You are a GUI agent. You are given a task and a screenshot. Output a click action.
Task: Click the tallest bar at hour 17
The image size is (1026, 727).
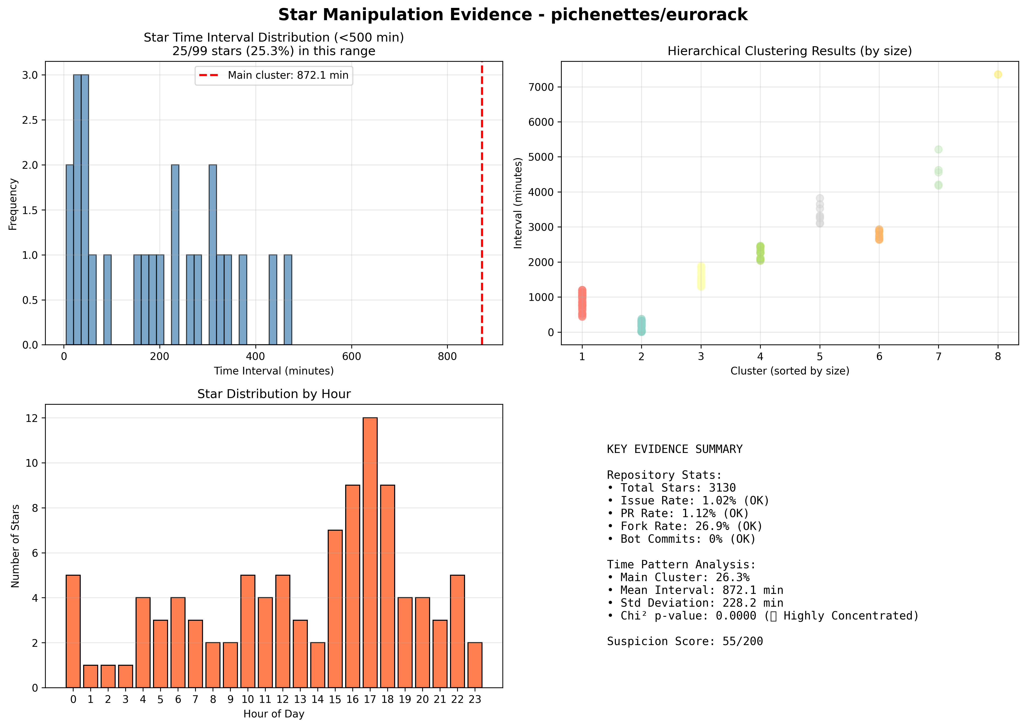click(x=370, y=552)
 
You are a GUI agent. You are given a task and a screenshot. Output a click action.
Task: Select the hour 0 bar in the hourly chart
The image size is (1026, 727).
click(x=73, y=631)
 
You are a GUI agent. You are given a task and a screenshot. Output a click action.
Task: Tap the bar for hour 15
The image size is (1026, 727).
click(x=335, y=609)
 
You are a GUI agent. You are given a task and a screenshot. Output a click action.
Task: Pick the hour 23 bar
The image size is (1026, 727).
click(x=475, y=665)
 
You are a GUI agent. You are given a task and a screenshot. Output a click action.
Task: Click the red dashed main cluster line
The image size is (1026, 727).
click(x=482, y=203)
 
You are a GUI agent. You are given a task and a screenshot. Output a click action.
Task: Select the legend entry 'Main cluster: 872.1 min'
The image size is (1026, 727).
click(x=274, y=75)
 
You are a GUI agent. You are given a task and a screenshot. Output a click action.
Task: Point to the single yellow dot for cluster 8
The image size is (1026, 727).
click(x=998, y=74)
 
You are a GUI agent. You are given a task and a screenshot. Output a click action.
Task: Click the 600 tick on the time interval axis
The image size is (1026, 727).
click(x=351, y=356)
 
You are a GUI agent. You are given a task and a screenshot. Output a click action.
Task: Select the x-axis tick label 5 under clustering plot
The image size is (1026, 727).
click(x=820, y=356)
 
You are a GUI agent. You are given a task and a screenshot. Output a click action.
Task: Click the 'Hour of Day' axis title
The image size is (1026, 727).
click(x=274, y=713)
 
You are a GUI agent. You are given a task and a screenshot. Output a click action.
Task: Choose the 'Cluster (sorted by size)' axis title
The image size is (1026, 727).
click(x=790, y=371)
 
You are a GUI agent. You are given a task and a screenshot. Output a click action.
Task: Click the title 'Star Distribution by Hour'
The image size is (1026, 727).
click(x=274, y=394)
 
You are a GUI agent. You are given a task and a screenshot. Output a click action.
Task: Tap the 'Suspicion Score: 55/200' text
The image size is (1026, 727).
click(x=685, y=641)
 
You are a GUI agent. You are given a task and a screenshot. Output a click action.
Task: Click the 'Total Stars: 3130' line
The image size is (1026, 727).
click(x=671, y=488)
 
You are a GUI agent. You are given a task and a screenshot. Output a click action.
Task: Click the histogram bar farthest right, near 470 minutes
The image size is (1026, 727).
click(x=288, y=300)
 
